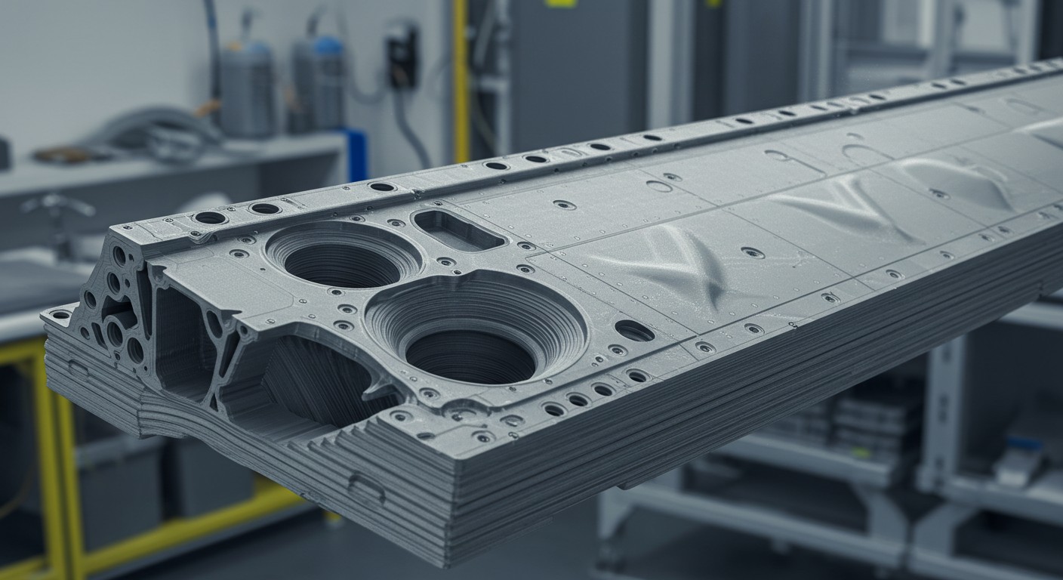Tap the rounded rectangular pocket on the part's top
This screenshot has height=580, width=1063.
pos(458,229)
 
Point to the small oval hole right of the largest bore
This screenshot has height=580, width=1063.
pos(634,330)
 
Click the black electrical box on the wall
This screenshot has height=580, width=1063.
pos(402,53)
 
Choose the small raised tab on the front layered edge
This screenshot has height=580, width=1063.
pos(367,486)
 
